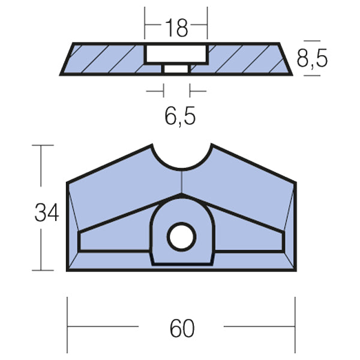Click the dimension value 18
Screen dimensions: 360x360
[x=175, y=27]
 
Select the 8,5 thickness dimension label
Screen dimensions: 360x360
[x=313, y=59]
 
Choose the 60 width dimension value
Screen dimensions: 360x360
[x=181, y=328]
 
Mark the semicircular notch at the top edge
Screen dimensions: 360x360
[x=181, y=157]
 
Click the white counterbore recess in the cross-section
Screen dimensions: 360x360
[x=176, y=54]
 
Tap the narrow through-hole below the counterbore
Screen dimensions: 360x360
[x=176, y=70]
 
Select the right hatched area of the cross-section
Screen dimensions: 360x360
[x=246, y=59]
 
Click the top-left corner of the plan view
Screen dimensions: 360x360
[x=67, y=182]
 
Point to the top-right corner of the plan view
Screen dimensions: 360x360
[x=295, y=182]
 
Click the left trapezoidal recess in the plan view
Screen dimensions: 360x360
[x=114, y=240]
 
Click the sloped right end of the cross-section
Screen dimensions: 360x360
[x=285, y=59]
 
